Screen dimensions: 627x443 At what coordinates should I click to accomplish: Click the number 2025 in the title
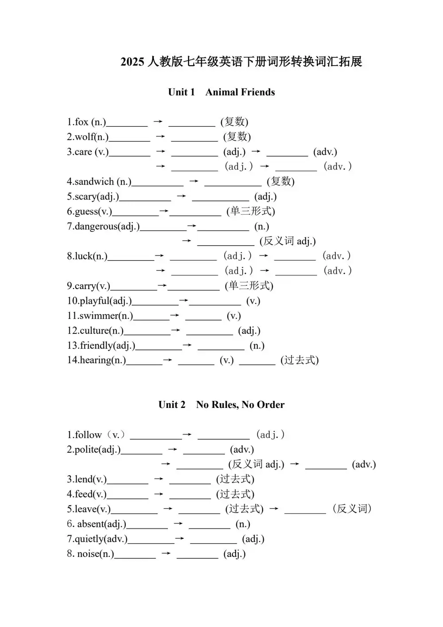click(x=132, y=62)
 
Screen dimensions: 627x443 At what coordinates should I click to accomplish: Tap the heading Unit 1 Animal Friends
click(x=221, y=92)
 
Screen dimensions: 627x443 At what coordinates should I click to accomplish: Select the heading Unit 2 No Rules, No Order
click(x=221, y=404)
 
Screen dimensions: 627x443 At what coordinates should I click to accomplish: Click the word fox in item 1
click(x=82, y=122)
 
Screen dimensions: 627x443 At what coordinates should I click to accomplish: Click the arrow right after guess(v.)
click(x=164, y=212)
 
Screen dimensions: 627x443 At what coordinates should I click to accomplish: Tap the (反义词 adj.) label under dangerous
click(x=288, y=241)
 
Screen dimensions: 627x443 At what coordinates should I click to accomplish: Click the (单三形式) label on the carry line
click(x=249, y=286)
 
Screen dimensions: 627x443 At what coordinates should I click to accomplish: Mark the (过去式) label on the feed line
click(x=235, y=494)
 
